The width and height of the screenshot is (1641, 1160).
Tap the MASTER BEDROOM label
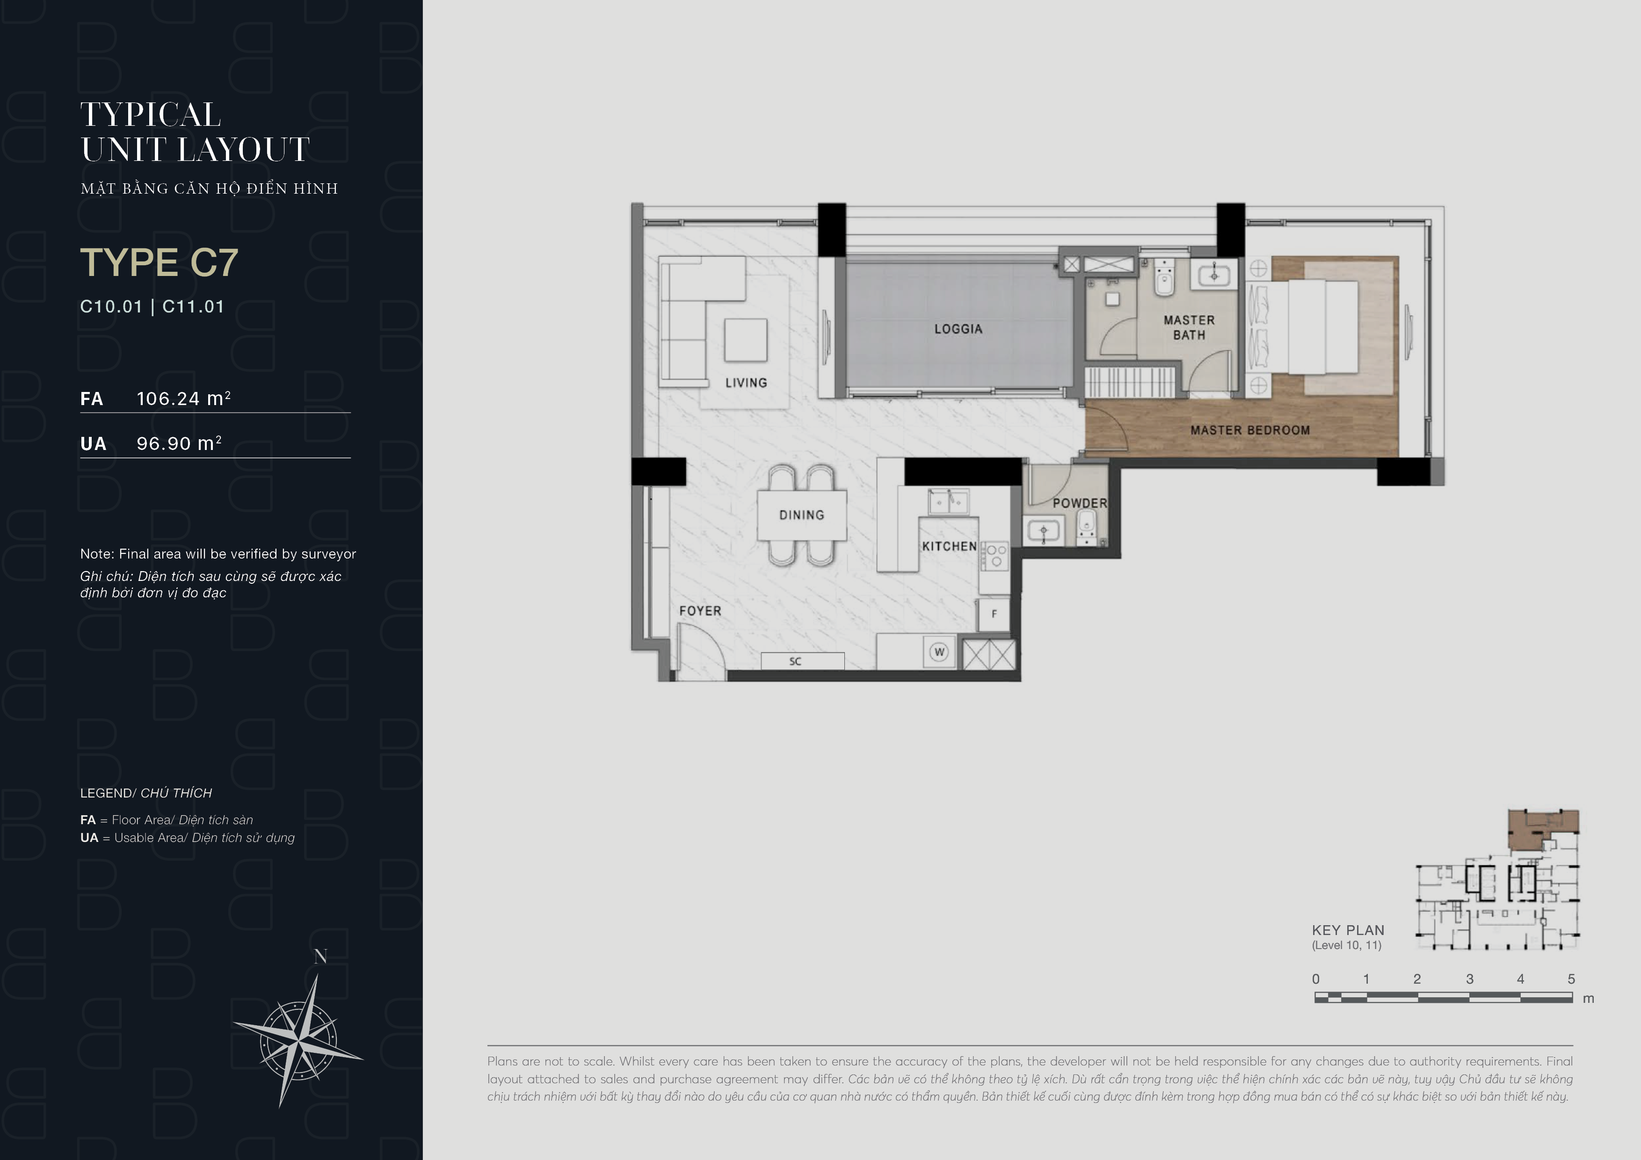tap(1250, 430)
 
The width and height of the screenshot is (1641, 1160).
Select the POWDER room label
tap(1079, 503)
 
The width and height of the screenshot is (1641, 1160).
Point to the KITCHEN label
tap(949, 546)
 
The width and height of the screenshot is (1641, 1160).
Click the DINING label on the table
tap(801, 515)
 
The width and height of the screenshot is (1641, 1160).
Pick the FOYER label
tap(700, 611)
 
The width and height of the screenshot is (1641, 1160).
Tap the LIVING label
tap(746, 382)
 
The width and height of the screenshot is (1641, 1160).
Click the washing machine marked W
tap(939, 652)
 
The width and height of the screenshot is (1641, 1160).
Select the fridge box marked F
tap(994, 614)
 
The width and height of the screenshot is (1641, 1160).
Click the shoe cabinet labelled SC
tap(803, 661)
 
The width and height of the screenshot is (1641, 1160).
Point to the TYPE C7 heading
tap(159, 262)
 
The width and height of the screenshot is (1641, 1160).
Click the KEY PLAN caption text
tap(1348, 930)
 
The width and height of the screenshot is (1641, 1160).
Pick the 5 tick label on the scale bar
tap(1571, 979)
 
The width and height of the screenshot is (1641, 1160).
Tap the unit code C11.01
tap(193, 307)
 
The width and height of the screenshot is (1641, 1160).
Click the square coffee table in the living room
tap(746, 340)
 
